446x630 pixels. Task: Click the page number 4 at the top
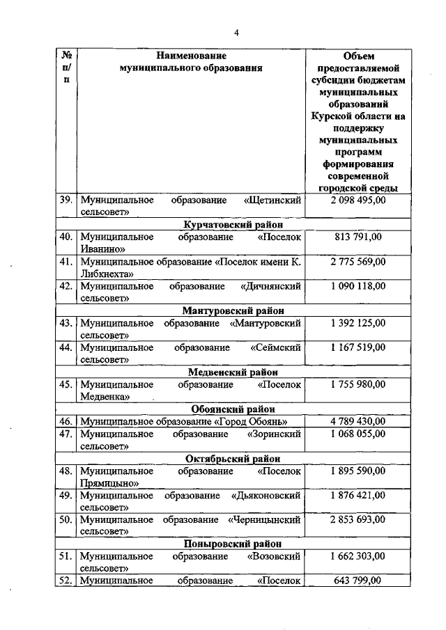click(236, 33)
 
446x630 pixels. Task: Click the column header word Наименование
click(191, 55)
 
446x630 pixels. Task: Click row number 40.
click(66, 237)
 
